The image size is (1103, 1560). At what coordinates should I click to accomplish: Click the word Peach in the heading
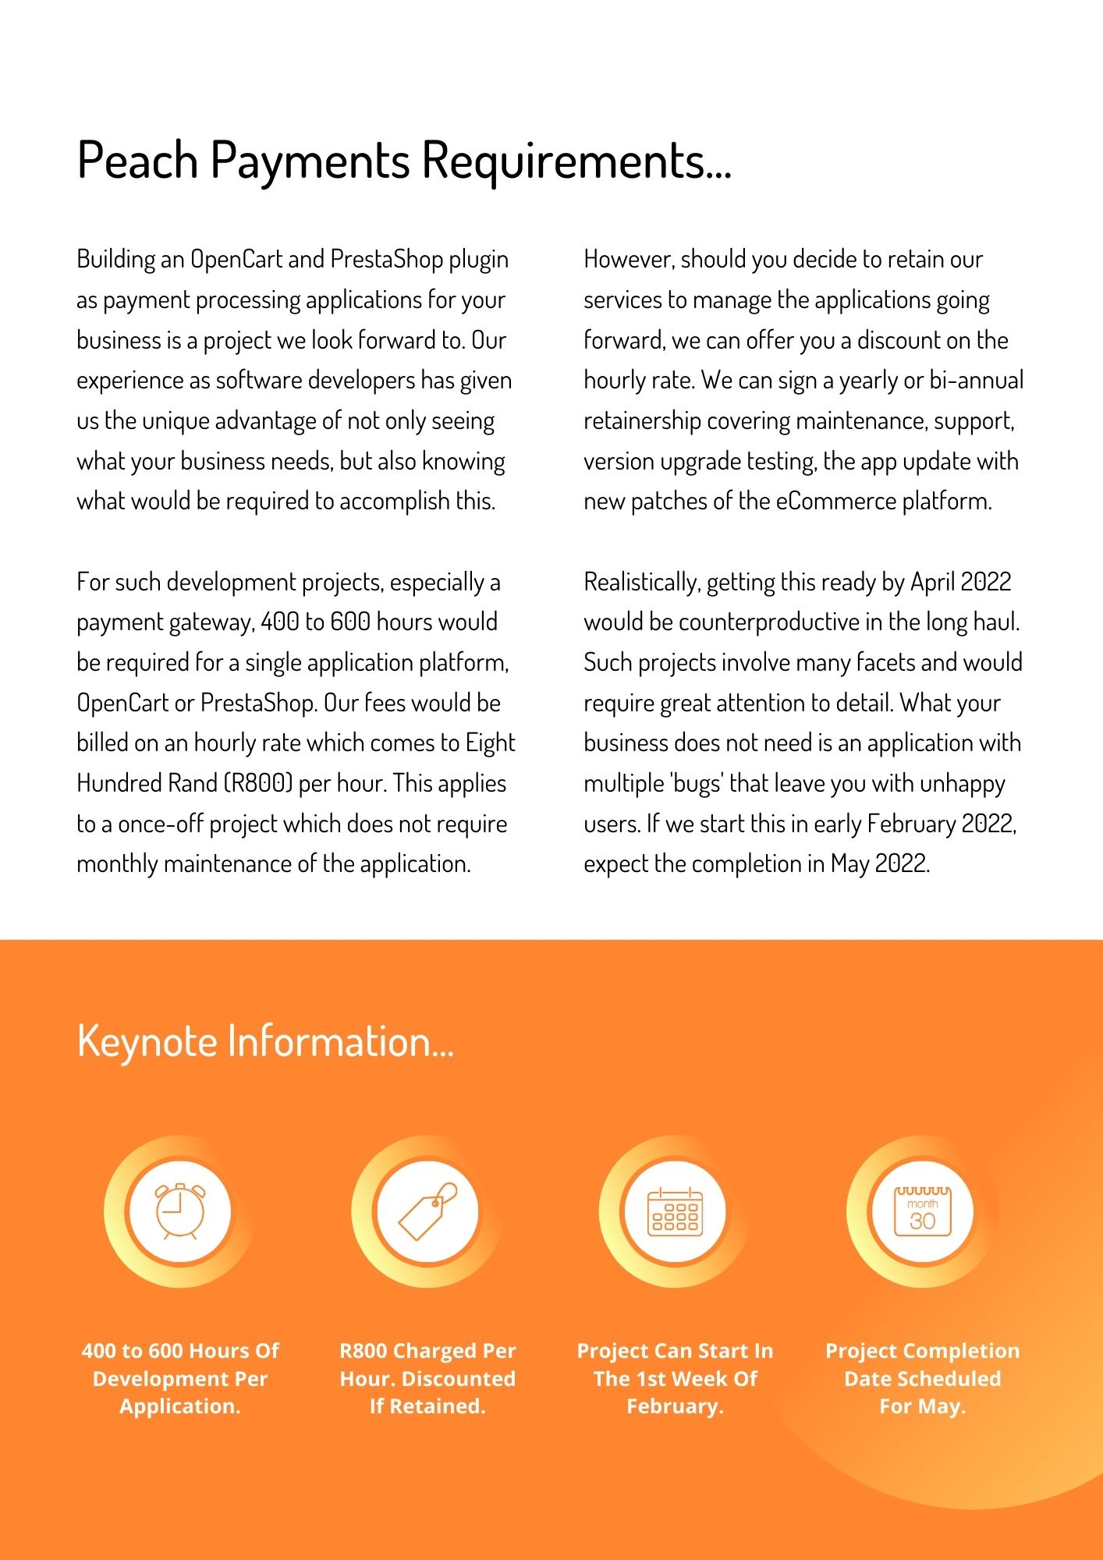point(137,161)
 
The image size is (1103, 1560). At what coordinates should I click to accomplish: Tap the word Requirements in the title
point(576,161)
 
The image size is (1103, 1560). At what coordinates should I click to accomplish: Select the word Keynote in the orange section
point(147,1042)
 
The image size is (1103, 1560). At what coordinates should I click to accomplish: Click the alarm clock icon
point(180,1211)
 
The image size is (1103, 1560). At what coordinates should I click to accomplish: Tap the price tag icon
point(427,1211)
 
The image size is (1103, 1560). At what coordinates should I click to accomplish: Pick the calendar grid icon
point(675,1211)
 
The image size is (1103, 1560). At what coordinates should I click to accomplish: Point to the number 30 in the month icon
point(922,1221)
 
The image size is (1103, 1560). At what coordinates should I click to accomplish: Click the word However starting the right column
point(628,260)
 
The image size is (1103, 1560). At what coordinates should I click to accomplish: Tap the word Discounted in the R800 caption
point(459,1379)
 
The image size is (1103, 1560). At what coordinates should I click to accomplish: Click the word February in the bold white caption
point(675,1406)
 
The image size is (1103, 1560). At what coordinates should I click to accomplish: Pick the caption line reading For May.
point(922,1406)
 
